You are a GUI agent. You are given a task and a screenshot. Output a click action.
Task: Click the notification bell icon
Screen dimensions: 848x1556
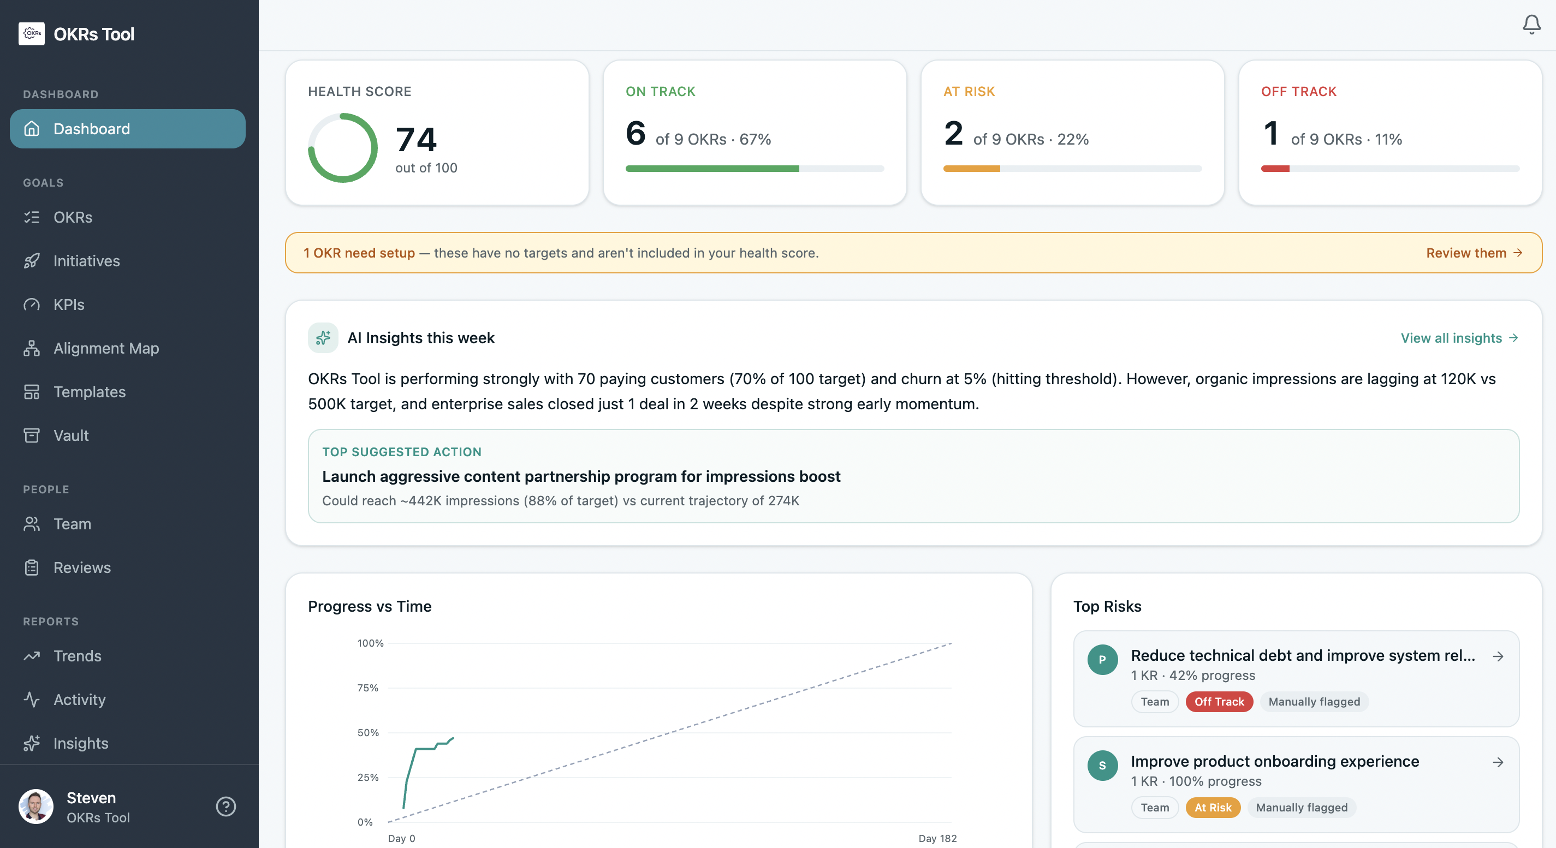click(1531, 24)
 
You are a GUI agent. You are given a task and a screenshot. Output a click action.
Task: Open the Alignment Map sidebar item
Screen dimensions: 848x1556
click(106, 348)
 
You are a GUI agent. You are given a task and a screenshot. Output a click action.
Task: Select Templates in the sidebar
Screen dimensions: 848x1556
click(90, 392)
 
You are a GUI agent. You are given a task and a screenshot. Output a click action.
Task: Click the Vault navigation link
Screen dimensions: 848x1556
click(70, 435)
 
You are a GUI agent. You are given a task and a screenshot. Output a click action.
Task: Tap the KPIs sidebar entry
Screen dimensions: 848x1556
click(69, 304)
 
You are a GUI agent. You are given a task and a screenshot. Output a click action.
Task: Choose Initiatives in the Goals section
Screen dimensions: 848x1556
click(86, 261)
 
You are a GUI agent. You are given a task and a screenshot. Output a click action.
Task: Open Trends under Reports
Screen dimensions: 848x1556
click(78, 655)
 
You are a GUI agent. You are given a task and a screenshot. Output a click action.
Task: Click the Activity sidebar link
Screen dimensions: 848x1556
click(79, 700)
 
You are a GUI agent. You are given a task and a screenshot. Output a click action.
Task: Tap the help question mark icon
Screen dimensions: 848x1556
click(226, 807)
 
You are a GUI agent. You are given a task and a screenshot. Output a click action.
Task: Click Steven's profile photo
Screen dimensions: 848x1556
click(36, 807)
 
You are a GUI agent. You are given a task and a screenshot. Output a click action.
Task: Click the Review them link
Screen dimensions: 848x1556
click(1473, 253)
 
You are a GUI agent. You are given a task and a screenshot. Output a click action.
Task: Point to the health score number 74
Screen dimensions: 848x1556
click(416, 139)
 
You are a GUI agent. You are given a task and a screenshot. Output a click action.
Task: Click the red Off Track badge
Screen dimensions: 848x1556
click(1219, 701)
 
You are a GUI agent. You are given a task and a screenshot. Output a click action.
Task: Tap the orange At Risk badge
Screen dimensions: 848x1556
click(1212, 808)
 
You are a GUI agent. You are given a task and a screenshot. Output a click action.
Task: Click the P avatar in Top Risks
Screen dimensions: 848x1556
click(1102, 660)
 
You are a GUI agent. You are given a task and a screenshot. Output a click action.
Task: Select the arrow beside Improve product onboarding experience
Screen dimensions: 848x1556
click(1498, 762)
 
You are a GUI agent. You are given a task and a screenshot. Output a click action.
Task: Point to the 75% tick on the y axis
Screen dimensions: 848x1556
click(368, 688)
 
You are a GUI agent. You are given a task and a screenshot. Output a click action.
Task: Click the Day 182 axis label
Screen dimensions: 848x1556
click(937, 838)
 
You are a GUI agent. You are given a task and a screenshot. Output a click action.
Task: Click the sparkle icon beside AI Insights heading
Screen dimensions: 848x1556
click(323, 338)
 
